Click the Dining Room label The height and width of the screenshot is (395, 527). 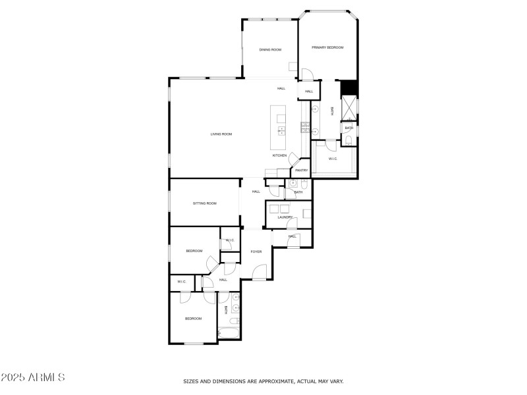coord(270,50)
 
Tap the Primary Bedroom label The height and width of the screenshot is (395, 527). coord(327,47)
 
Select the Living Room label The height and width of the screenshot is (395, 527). coord(221,134)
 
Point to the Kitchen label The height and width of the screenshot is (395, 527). coord(279,155)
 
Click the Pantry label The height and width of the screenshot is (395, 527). coord(302,171)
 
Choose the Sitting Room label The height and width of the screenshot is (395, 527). coord(205,203)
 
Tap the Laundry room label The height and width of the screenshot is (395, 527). coord(285,217)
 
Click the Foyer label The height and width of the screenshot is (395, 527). coord(256,251)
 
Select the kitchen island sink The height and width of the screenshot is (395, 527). coord(282,131)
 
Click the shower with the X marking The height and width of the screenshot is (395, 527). coord(349,108)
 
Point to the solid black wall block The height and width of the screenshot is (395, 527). coord(348,88)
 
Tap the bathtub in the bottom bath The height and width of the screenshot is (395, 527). coord(229,334)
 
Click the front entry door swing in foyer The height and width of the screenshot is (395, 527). coord(259,272)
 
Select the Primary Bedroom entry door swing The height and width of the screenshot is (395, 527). coord(307,74)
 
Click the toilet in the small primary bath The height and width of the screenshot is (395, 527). coord(348,140)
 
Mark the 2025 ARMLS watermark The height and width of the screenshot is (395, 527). coord(32,377)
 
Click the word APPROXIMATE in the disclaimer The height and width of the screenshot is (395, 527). coord(275,381)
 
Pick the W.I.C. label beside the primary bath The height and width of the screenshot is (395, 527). coord(333,159)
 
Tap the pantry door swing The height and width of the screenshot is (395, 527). coord(294,158)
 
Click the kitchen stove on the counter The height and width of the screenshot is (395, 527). coord(305,128)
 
